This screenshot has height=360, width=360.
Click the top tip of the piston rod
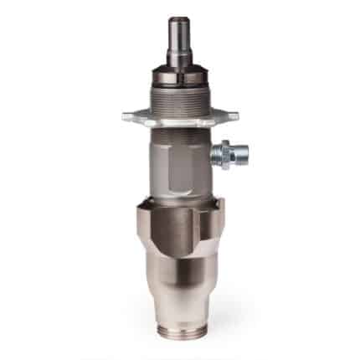coord(178,19)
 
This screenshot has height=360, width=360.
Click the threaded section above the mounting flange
coord(178,99)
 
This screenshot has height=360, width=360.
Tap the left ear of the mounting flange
coord(128,116)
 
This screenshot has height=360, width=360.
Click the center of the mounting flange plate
coord(178,116)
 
